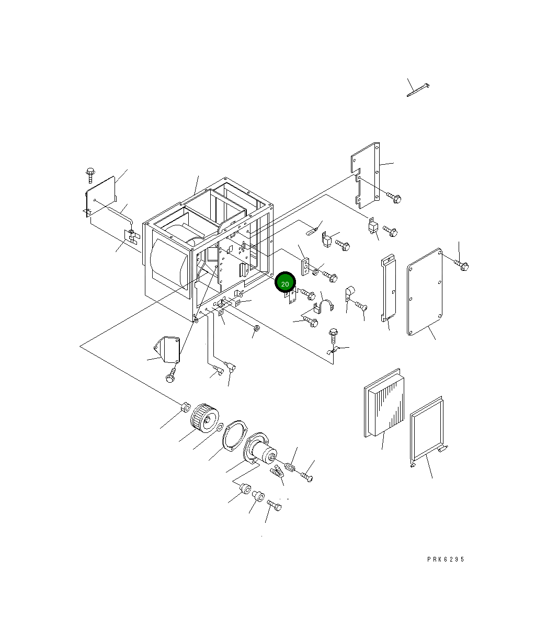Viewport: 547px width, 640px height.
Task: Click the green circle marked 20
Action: pyautogui.click(x=285, y=282)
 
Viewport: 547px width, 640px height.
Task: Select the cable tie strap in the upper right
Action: pyautogui.click(x=418, y=90)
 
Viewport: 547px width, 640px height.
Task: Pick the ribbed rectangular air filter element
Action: pyautogui.click(x=384, y=403)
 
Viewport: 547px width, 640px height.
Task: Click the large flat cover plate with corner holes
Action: pyautogui.click(x=425, y=292)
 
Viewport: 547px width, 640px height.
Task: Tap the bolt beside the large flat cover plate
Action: pyautogui.click(x=462, y=265)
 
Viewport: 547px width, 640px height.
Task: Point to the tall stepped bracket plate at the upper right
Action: pyautogui.click(x=366, y=175)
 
